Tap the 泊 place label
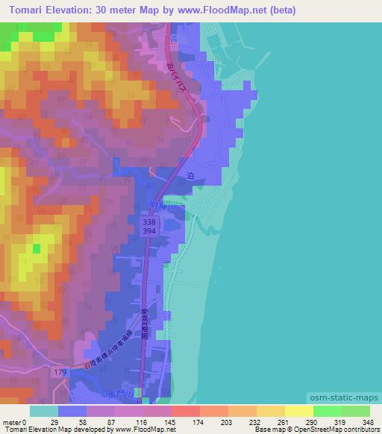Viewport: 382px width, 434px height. click(190, 174)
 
